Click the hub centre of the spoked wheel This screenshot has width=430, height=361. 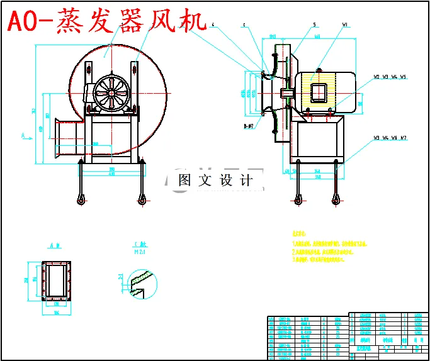tap(111, 94)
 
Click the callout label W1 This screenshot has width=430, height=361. tap(345, 25)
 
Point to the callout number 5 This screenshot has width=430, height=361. tap(314, 25)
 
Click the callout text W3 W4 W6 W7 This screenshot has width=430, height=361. tap(390, 137)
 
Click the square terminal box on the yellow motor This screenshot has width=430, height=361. tap(318, 92)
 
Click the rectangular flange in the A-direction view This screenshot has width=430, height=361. tap(55, 280)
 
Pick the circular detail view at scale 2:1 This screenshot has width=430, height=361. tap(140, 279)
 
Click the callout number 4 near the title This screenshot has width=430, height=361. tap(213, 25)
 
